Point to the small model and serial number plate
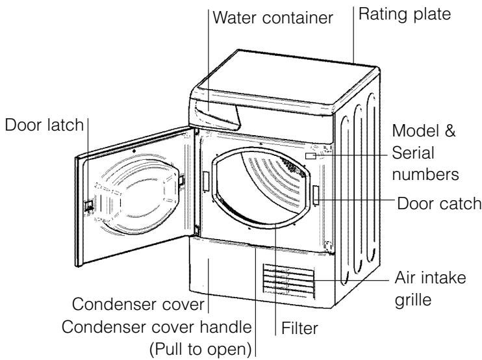(311, 156)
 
